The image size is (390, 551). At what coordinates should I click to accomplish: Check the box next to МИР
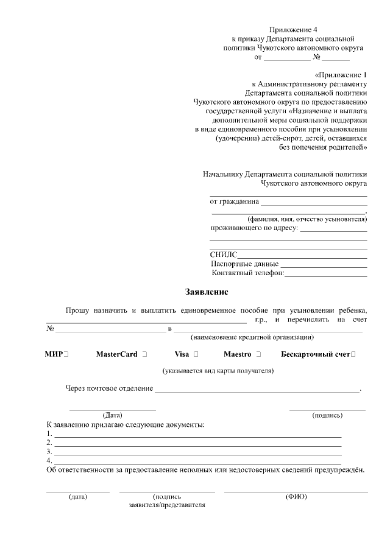pyautogui.click(x=65, y=354)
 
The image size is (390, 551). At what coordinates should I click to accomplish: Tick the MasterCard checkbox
pyautogui.click(x=144, y=354)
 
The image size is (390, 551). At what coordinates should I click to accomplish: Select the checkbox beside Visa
pyautogui.click(x=196, y=354)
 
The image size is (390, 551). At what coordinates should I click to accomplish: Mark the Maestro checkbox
pyautogui.click(x=259, y=354)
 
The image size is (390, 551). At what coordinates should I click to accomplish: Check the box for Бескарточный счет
pyautogui.click(x=354, y=354)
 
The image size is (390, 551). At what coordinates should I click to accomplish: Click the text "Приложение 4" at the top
pyautogui.click(x=294, y=29)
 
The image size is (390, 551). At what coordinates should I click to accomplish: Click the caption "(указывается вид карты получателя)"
pyautogui.click(x=218, y=371)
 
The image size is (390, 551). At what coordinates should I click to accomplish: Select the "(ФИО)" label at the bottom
pyautogui.click(x=296, y=497)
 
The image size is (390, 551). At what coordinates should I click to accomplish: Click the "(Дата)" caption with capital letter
pyautogui.click(x=113, y=416)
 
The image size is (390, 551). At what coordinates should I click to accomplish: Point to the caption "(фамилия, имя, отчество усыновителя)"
pyautogui.click(x=307, y=219)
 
